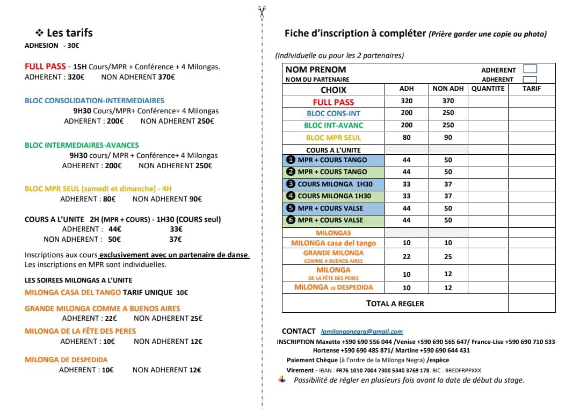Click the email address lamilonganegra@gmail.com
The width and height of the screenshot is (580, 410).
[x=361, y=332]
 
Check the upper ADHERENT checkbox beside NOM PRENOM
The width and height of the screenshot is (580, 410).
[x=530, y=69]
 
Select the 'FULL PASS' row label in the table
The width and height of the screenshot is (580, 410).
[x=334, y=102]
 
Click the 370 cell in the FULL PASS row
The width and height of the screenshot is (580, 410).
[x=448, y=101]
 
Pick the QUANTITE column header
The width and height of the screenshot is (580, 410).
[x=488, y=89]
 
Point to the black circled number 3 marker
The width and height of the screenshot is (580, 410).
[x=291, y=184]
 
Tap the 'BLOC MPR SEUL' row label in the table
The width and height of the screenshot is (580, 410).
[x=334, y=138]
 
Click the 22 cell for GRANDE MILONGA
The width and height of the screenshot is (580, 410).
[x=407, y=257]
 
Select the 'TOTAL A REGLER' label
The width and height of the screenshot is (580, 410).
[x=395, y=304]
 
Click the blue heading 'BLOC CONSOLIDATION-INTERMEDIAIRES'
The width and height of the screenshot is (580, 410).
[x=95, y=100]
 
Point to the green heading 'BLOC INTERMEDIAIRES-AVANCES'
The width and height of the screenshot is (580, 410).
[x=82, y=145]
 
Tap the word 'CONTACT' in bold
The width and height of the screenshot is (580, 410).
[x=299, y=331]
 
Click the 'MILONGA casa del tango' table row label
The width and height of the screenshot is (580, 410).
[x=334, y=243]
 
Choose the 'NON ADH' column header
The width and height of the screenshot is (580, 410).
[x=448, y=89]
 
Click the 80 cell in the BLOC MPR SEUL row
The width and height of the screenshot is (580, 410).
[x=407, y=138]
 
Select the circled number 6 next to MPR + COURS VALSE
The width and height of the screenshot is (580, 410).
[x=291, y=220]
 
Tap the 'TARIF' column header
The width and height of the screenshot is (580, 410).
[x=532, y=89]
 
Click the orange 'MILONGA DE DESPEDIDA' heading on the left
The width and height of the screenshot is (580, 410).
[x=66, y=359]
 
